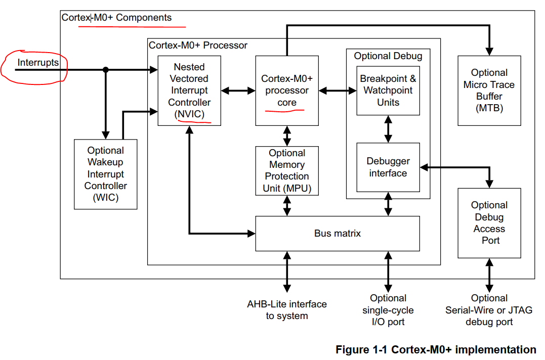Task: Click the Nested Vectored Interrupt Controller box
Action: [189, 91]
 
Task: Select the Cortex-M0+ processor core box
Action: [287, 91]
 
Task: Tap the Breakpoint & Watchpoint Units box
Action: [388, 91]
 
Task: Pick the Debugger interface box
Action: [388, 167]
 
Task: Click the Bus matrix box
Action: [338, 233]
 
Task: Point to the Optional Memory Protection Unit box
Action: [287, 171]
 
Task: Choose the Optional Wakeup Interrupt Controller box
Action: [105, 174]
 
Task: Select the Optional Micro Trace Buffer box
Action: [489, 91]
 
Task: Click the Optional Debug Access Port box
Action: [489, 223]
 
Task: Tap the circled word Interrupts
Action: [38, 63]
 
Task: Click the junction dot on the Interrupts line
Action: [106, 70]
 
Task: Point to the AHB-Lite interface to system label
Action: [287, 310]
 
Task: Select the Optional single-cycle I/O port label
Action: [388, 310]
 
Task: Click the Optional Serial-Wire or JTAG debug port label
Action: [489, 310]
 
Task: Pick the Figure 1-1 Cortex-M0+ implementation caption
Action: [436, 349]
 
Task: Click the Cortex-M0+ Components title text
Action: [116, 18]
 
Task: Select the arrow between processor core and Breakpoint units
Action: [338, 91]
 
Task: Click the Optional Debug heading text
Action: [388, 56]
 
